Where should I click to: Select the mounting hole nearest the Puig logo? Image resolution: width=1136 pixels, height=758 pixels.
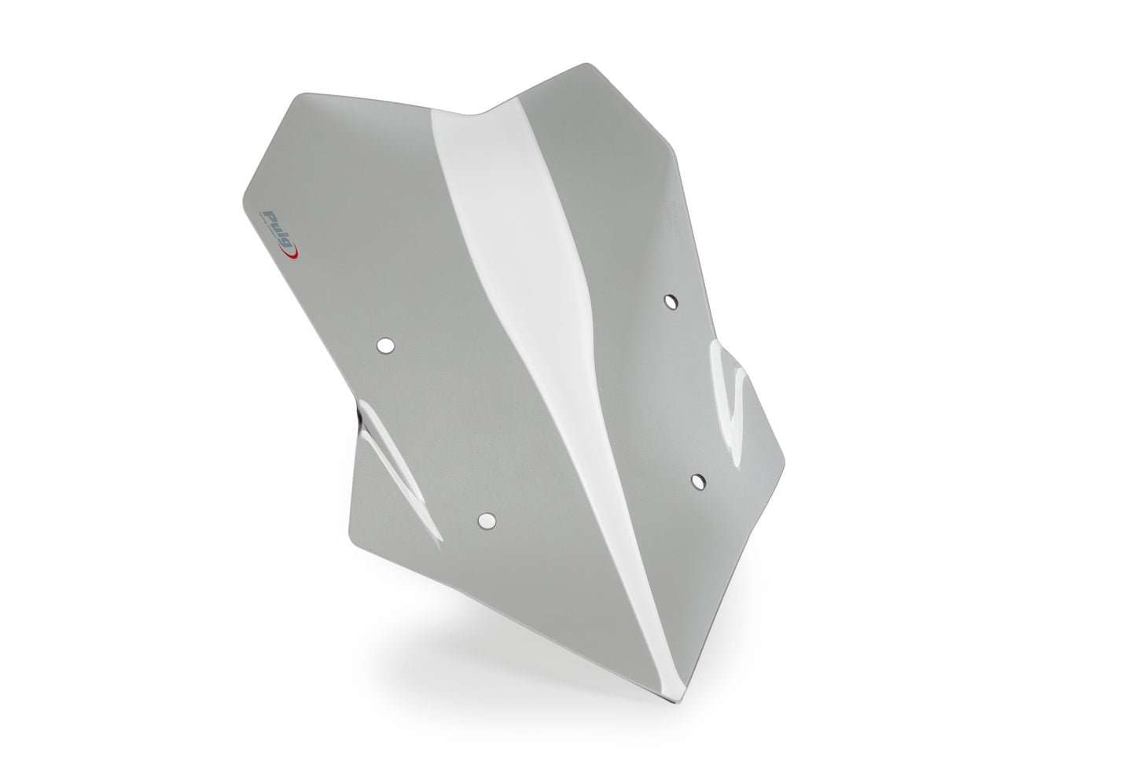[385, 345]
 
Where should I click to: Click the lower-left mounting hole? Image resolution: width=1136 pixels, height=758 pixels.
[487, 520]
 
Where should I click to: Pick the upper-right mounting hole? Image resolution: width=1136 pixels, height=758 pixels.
[670, 300]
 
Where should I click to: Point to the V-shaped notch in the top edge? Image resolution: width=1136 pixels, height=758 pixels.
[478, 116]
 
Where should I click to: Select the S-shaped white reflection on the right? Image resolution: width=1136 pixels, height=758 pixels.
[731, 401]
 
